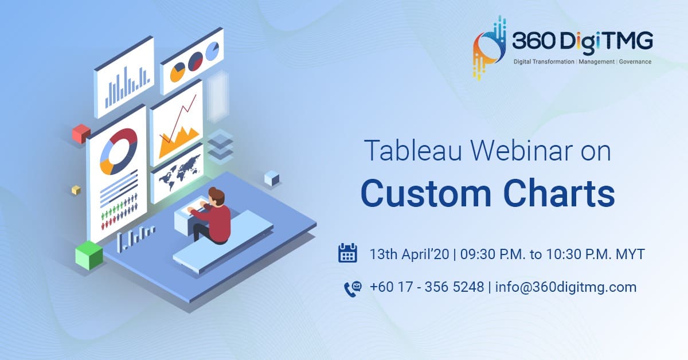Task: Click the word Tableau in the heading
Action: coord(413,150)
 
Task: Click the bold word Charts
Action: coord(560,194)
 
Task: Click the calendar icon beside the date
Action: coord(347,253)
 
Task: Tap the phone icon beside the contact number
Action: coord(353,289)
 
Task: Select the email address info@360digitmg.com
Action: coord(566,287)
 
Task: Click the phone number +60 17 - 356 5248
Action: coord(427,287)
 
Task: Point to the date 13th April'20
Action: coord(409,255)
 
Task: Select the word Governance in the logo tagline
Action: coord(635,62)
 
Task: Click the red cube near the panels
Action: coord(81,134)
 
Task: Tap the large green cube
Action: coord(89,255)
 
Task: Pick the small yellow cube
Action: coord(76,190)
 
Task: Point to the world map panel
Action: coord(177,174)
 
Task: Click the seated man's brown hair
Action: coord(217,195)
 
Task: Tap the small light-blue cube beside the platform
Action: coord(272,178)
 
